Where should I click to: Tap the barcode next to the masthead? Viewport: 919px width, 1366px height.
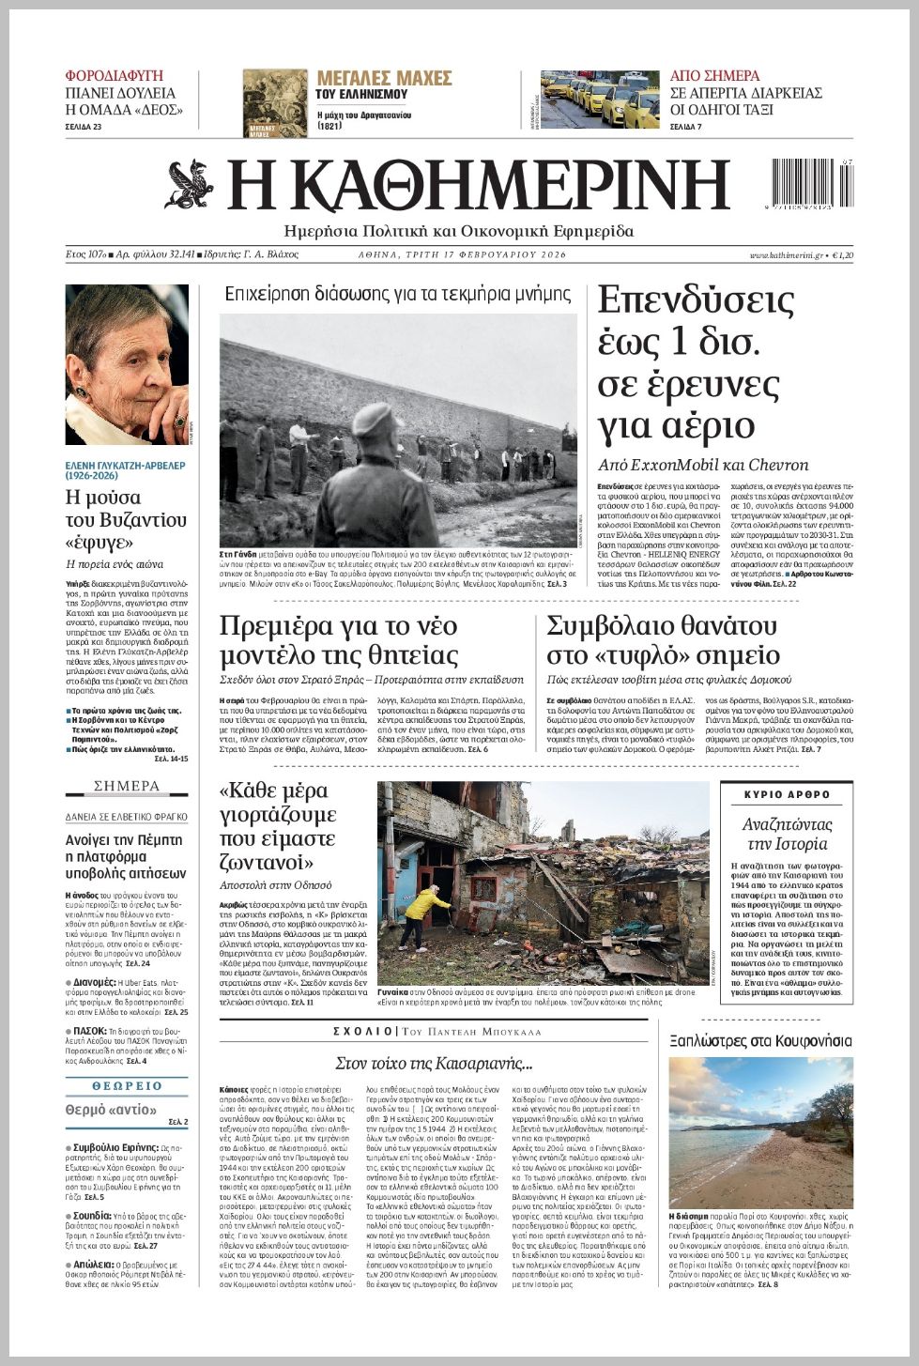811,183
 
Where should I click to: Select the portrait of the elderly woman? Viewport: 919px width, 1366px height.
127,364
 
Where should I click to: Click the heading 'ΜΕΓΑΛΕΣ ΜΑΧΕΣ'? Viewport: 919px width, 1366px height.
384,78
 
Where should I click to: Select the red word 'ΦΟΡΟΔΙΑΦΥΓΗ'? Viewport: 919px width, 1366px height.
114,75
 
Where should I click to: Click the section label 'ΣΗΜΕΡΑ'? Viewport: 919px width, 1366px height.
127,786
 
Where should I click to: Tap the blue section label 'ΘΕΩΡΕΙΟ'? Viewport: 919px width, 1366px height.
127,1086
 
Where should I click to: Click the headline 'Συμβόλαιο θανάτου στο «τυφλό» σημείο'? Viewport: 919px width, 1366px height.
662,640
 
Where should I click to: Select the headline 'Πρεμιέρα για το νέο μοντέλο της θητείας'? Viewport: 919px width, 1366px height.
339,640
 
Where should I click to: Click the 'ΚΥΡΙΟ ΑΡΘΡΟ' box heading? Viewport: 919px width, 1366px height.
787,795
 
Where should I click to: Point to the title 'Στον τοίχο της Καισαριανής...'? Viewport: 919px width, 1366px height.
434,1064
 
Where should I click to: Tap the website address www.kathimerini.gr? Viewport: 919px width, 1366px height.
786,255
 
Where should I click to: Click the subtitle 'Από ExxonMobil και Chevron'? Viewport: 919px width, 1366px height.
703,465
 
